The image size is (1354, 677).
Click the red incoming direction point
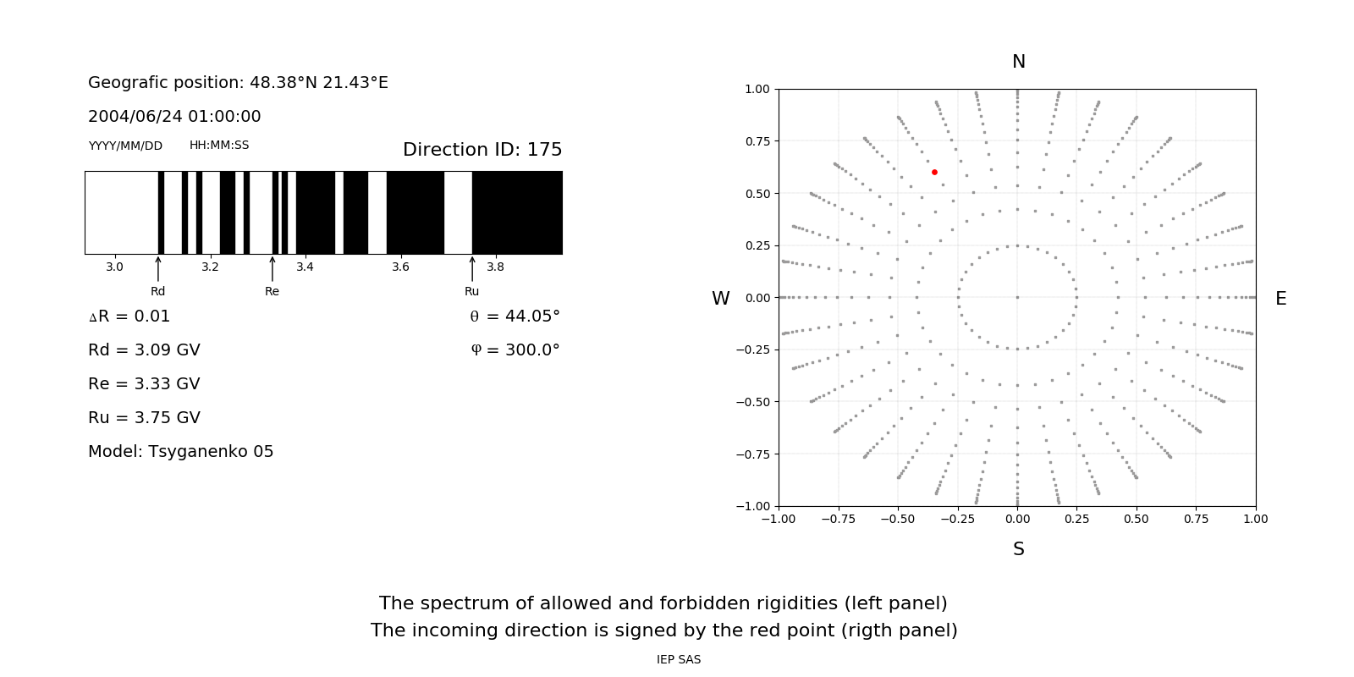[934, 172]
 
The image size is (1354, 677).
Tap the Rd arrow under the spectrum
[158, 270]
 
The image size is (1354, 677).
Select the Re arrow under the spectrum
[272, 270]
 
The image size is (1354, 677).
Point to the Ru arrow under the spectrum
[472, 270]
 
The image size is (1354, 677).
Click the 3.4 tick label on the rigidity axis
[305, 267]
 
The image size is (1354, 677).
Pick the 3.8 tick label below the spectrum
[495, 267]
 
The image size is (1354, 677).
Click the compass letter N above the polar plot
[1019, 62]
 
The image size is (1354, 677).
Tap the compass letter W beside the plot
[720, 299]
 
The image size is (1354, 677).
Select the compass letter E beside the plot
[1280, 299]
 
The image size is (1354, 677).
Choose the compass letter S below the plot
[1019, 549]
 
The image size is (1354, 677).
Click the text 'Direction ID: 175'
[482, 150]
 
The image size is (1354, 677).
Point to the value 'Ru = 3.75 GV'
[144, 418]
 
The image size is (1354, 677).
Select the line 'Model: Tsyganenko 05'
[180, 452]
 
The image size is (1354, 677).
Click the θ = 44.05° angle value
[515, 316]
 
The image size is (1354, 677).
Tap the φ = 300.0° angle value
[515, 350]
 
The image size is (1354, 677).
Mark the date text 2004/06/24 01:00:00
[174, 117]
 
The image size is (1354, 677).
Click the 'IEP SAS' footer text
[679, 660]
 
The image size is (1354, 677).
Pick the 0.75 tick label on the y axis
[757, 141]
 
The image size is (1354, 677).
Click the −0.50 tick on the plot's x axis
[898, 519]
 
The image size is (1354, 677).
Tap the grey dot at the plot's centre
[1017, 297]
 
